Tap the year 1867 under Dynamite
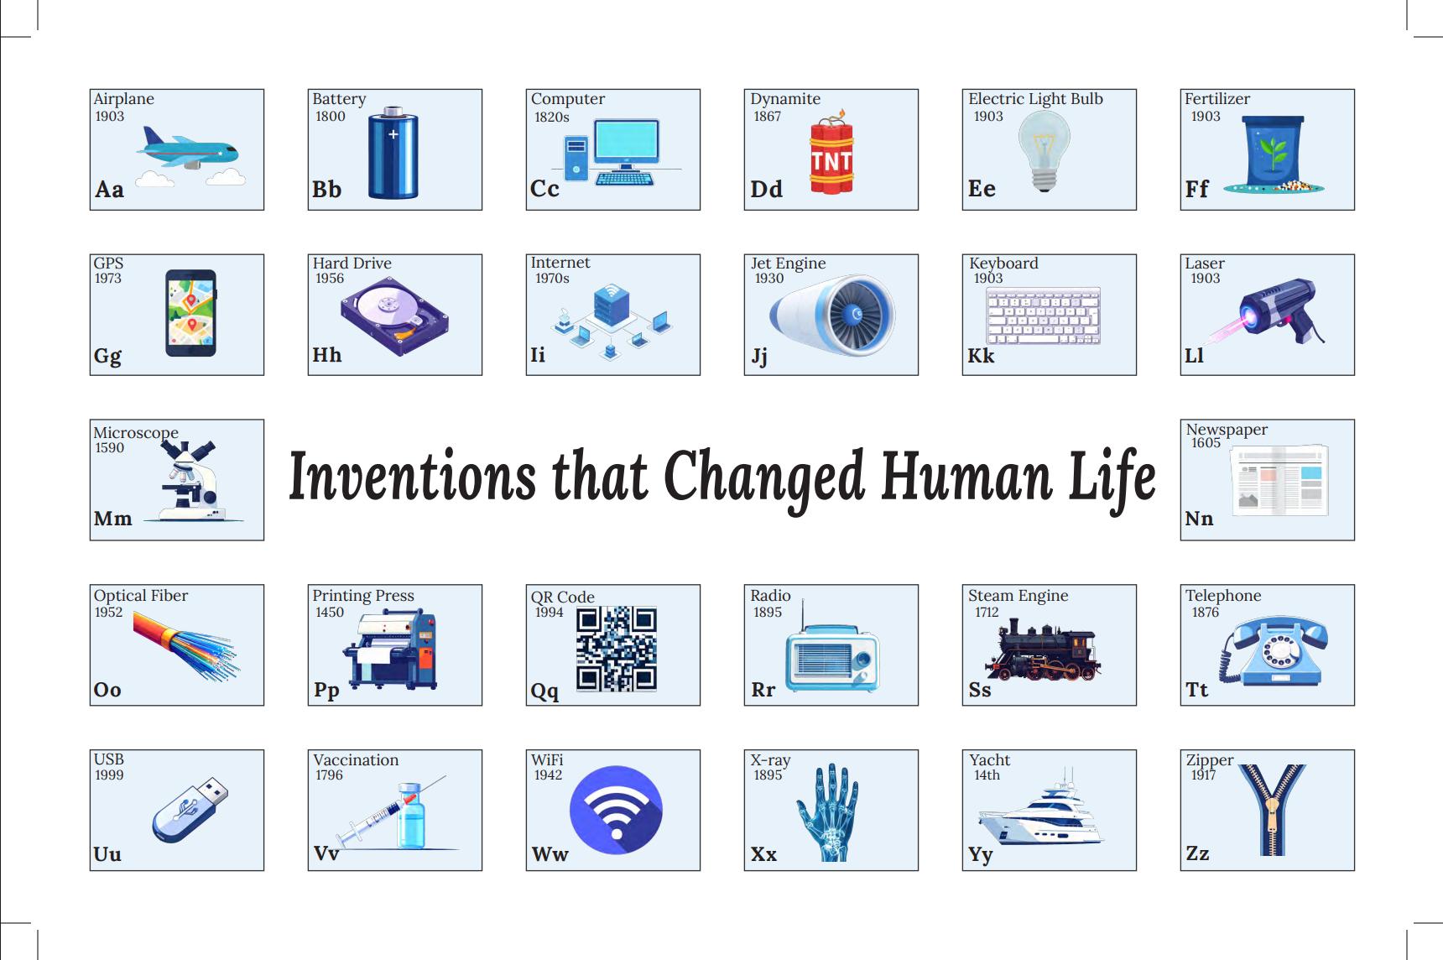point(767,117)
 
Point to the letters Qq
point(544,691)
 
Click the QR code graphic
point(616,649)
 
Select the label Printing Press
point(363,596)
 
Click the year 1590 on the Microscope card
point(109,448)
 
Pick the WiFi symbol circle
point(616,810)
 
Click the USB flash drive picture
point(190,810)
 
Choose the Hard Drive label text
point(352,263)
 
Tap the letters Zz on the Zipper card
point(1197,853)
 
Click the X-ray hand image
point(827,811)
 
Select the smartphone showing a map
point(191,313)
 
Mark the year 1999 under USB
point(109,775)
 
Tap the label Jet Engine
point(788,263)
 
